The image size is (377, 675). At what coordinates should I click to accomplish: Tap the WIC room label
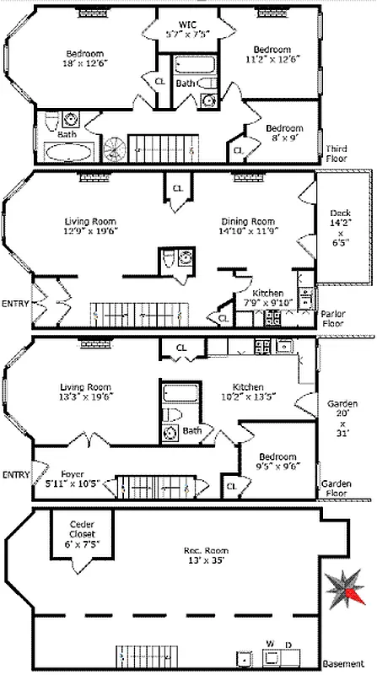[x=189, y=30]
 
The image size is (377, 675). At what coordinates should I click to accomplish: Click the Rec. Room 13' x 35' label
[x=200, y=558]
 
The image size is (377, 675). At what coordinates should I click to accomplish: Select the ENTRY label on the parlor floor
[x=15, y=303]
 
